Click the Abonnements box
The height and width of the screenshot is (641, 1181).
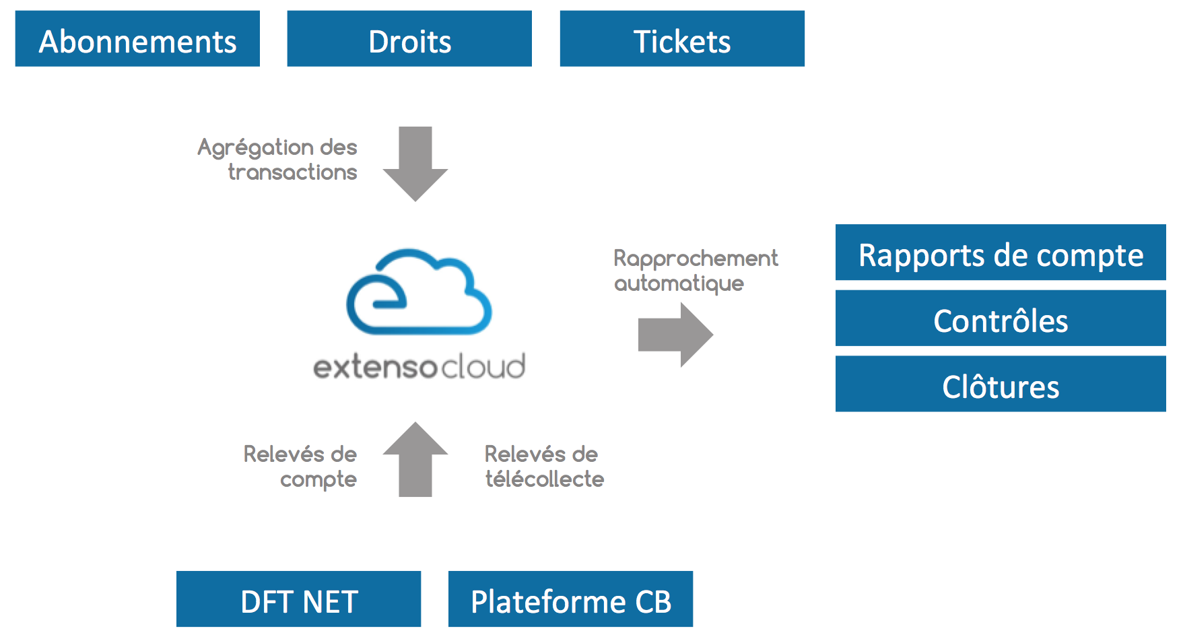[x=137, y=38]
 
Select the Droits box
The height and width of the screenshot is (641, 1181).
[x=409, y=38]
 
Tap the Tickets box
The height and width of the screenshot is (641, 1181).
[x=682, y=38]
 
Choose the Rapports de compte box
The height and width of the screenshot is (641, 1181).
[x=1001, y=252]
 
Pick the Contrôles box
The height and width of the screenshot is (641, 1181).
[x=1001, y=318]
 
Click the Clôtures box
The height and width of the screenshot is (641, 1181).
[x=1001, y=384]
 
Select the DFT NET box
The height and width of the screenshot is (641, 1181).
[x=298, y=599]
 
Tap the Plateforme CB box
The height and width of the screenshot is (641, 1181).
[x=570, y=599]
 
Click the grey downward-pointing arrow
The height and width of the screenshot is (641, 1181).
[x=415, y=164]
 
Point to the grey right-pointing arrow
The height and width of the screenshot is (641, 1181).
[x=675, y=335]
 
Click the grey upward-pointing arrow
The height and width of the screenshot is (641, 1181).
[x=415, y=459]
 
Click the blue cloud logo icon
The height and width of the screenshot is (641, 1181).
[x=419, y=292]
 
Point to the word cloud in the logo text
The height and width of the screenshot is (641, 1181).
[x=483, y=366]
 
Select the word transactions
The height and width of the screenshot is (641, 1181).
[x=292, y=172]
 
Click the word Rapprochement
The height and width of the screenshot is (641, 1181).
[x=696, y=259]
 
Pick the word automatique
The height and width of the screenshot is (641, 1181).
[x=679, y=283]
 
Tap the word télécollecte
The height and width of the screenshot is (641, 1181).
[x=545, y=479]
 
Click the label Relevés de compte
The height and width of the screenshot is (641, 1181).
[x=300, y=467]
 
